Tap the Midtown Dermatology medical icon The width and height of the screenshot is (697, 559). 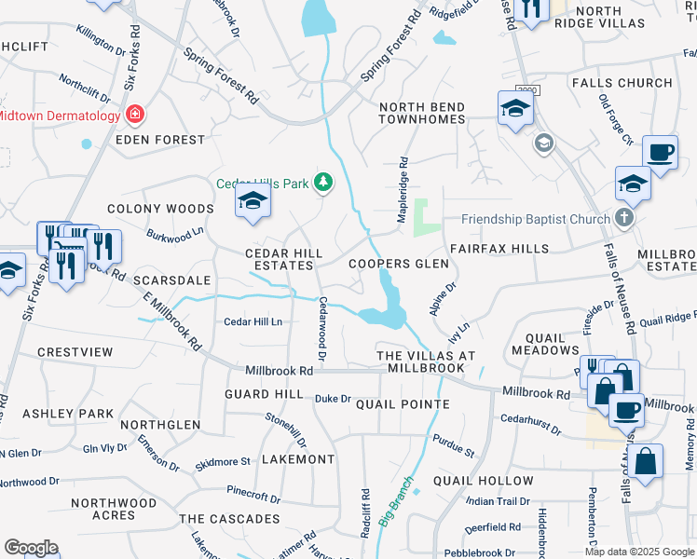point(135,116)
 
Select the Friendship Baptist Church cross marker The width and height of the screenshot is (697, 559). point(624,220)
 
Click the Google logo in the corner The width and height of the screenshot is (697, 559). point(31,548)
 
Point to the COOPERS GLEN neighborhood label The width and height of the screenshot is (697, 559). point(398,265)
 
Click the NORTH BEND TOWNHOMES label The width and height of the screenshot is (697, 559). point(421,114)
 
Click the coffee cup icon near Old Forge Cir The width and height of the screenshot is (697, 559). point(661,151)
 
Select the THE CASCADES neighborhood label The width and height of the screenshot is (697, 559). point(229,519)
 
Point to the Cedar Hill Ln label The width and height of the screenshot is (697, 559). point(253,321)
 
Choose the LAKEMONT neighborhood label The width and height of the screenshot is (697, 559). point(298,459)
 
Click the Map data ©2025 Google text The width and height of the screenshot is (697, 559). point(639,552)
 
